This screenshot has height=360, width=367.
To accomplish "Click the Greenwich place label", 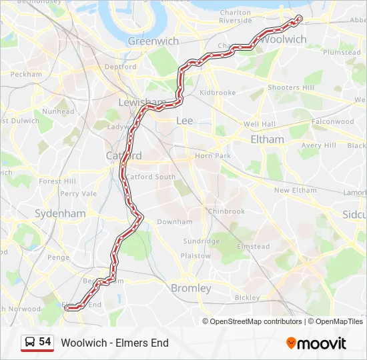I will [153, 41].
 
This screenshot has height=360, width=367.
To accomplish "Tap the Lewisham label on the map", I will [141, 103].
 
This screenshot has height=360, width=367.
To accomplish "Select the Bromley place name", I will [191, 288].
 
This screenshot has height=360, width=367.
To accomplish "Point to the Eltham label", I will [267, 139].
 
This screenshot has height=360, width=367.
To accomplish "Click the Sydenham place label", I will [61, 213].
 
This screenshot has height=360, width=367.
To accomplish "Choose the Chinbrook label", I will [226, 211].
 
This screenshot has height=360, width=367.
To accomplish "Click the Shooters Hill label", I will [290, 88].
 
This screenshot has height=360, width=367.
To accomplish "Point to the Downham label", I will [174, 222].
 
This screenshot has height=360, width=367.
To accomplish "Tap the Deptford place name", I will [120, 67].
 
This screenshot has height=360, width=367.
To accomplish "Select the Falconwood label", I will [332, 122].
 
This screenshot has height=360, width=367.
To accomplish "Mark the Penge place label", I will [58, 257].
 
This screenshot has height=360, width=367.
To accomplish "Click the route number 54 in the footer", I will [45, 342].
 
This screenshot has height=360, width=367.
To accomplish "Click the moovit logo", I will [316, 343].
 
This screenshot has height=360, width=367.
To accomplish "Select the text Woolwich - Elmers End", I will [115, 343].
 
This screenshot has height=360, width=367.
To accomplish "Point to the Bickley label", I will [247, 297].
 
